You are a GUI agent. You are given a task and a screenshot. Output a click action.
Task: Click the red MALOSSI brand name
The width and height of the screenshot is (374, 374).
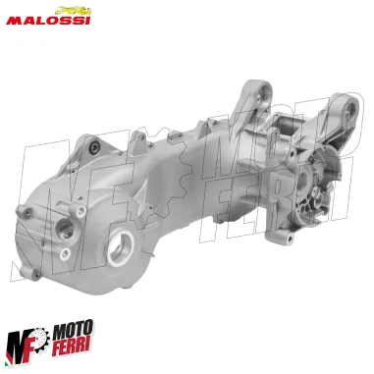[x=48, y=19]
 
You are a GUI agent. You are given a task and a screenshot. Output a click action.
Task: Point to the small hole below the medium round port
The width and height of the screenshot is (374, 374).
[x=65, y=253]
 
